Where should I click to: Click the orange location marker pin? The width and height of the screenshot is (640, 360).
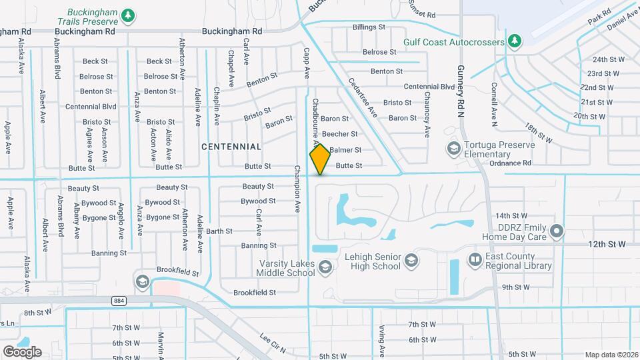click(320, 159)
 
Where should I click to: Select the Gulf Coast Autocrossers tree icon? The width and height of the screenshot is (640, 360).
click(514, 41)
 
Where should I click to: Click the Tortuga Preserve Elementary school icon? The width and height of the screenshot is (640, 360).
click(454, 147)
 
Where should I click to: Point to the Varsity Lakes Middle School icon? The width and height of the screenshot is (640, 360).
click(325, 268)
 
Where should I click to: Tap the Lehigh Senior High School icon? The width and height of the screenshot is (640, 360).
click(411, 260)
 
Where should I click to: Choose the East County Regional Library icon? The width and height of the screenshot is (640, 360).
click(475, 260)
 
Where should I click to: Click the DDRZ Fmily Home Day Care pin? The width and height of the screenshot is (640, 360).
click(557, 231)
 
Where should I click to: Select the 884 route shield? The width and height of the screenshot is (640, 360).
click(119, 301)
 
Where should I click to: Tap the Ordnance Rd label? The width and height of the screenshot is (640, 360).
click(509, 163)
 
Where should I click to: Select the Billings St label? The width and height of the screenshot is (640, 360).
click(369, 27)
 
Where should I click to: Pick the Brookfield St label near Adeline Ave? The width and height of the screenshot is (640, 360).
click(178, 272)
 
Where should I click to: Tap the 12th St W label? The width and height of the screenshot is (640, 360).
click(607, 245)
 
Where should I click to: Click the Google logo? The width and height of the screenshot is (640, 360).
click(22, 352)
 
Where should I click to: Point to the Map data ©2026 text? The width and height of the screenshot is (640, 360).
click(611, 355)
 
